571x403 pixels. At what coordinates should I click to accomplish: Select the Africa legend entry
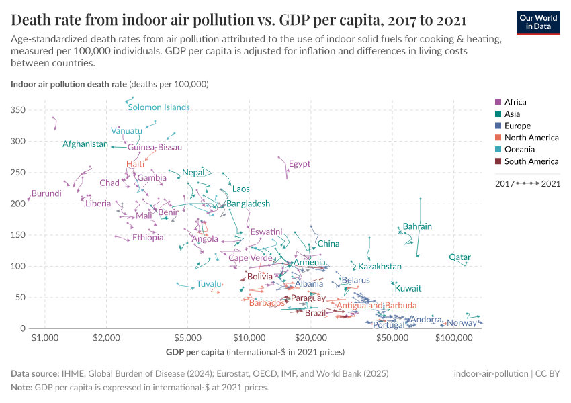click(x=515, y=102)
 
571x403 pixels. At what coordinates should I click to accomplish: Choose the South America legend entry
click(x=531, y=161)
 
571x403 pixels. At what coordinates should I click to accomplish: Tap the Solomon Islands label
click(x=159, y=107)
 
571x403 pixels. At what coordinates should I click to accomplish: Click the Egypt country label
click(x=300, y=164)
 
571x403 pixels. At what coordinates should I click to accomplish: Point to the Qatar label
click(x=460, y=257)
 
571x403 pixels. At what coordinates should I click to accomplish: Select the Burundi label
click(x=46, y=193)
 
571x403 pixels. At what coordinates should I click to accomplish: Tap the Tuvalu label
click(x=208, y=284)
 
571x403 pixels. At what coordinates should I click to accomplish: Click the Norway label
click(x=462, y=323)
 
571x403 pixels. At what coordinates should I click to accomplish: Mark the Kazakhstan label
click(x=380, y=267)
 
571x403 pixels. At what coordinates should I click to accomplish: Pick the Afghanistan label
click(x=85, y=144)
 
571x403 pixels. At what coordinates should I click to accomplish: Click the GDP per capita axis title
click(x=195, y=352)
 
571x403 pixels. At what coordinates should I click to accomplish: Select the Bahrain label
click(x=417, y=226)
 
